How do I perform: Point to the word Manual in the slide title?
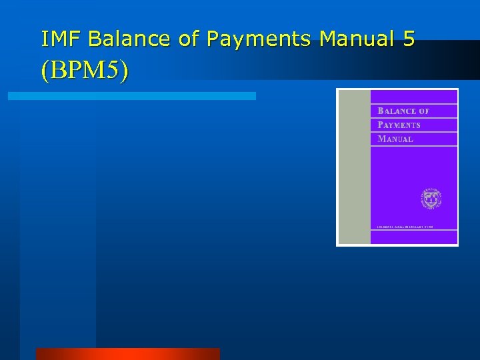tap(357, 39)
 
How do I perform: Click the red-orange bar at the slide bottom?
tap(127, 353)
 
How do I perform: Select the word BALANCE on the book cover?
tap(397, 111)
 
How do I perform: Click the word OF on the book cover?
tap(425, 111)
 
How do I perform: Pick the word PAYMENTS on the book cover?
tap(399, 125)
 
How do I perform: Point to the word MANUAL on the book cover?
tap(395, 139)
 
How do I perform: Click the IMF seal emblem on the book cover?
tap(431, 199)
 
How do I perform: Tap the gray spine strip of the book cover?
tap(354, 167)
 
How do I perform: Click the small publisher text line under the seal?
tap(405, 227)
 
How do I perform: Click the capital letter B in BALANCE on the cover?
tap(381, 111)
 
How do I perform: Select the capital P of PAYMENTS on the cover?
tap(381, 125)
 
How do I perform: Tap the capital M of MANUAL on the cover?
tap(381, 139)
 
